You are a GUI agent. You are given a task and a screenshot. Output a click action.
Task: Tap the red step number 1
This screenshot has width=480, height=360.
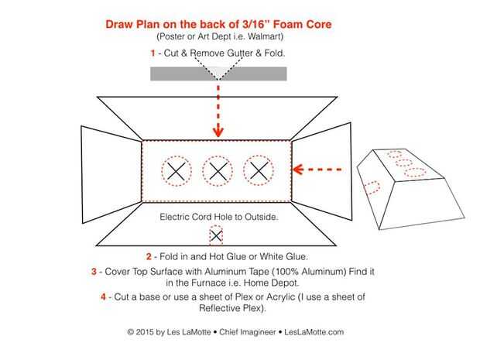[x=153, y=53]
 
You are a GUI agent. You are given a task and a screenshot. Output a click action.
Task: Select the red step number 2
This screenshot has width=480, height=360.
[x=149, y=256]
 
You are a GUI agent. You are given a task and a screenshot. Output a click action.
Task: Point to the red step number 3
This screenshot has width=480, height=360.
[x=94, y=271]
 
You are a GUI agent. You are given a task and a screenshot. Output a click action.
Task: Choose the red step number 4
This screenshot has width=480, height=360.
[x=104, y=297]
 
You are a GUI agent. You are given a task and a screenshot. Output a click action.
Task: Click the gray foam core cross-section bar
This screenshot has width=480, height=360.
[x=218, y=74]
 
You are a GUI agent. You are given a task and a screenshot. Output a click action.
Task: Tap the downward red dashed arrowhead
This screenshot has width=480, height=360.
[x=218, y=132]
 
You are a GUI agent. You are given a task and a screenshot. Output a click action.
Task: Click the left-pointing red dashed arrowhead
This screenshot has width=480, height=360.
[x=298, y=170]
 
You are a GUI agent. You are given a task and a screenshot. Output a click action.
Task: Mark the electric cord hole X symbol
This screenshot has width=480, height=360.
[x=216, y=236]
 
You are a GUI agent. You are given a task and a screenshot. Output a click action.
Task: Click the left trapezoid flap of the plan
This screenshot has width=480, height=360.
[x=111, y=174]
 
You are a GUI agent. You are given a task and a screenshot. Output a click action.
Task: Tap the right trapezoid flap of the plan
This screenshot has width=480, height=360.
[x=321, y=171]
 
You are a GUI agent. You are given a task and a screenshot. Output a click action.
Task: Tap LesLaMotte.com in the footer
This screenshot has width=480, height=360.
[x=314, y=332]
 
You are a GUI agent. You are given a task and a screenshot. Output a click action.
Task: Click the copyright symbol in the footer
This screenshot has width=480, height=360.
[x=130, y=332]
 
